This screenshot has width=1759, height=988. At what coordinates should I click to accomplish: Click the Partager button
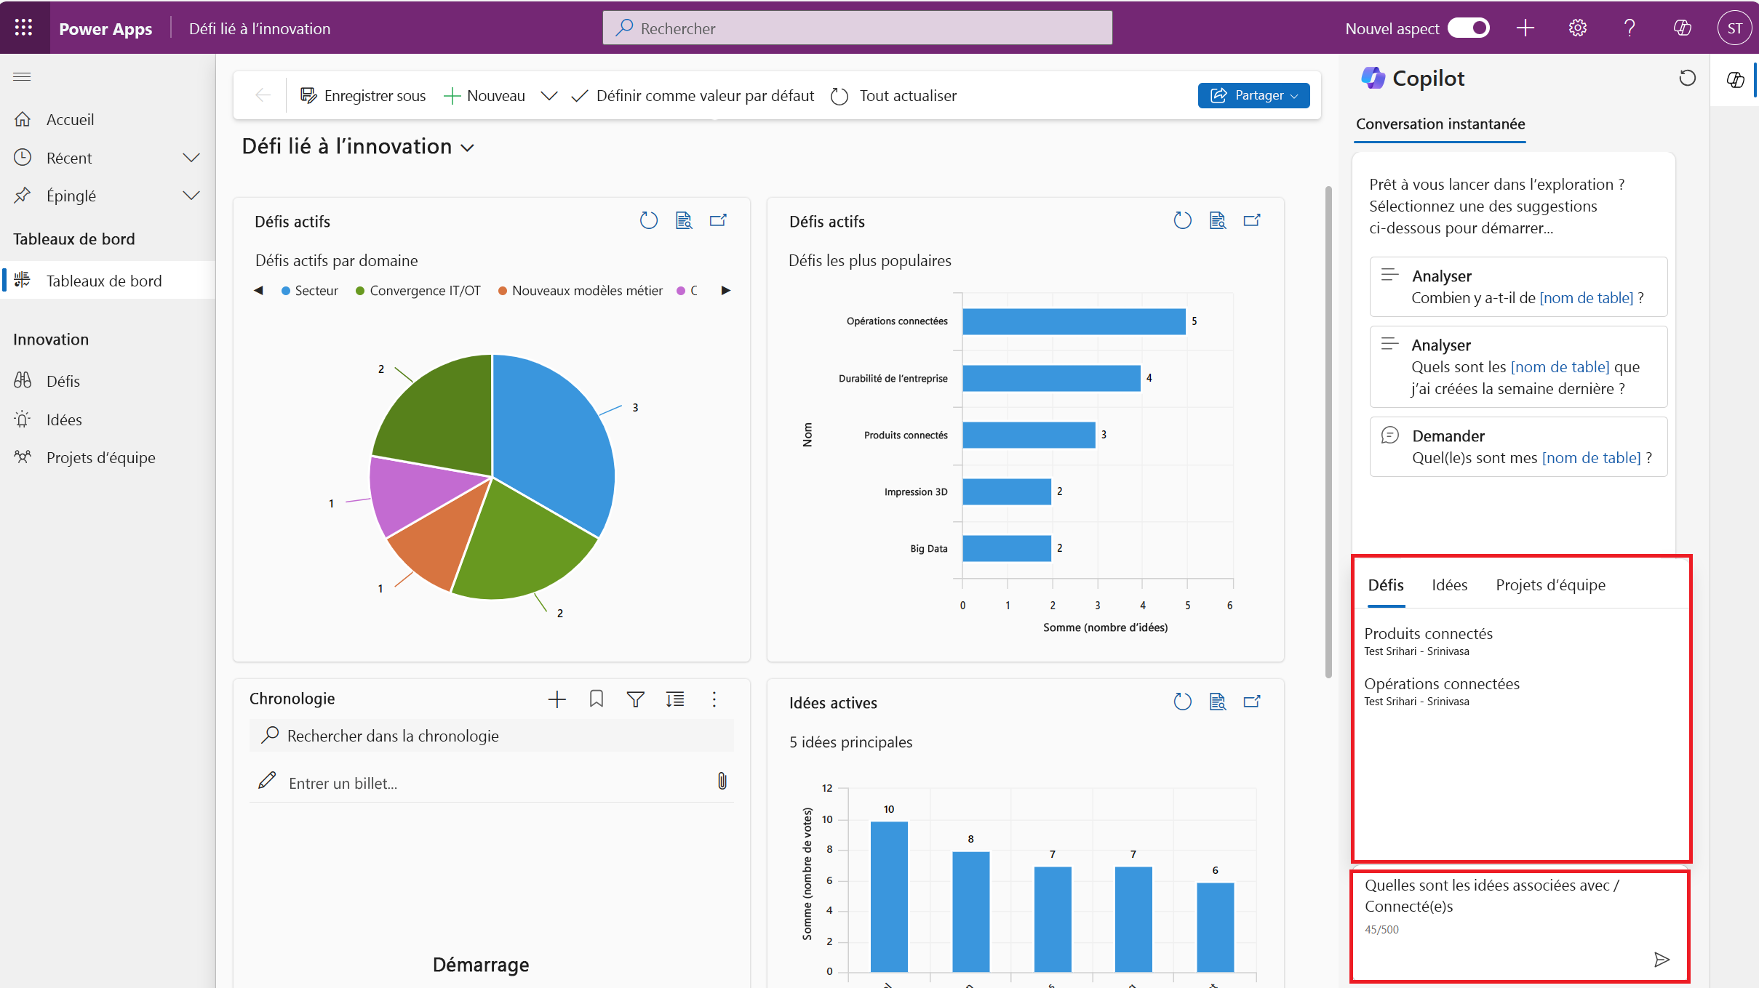[x=1253, y=95]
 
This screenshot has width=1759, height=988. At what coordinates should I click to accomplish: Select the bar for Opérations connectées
[x=1073, y=321]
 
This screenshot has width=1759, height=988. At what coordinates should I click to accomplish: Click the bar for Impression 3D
[x=1006, y=491]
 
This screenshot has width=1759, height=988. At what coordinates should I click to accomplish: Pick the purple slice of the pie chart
[x=407, y=494]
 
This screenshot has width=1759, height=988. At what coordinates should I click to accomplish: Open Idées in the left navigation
[x=64, y=419]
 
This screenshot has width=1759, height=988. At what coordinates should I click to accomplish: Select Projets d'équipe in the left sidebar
[x=100, y=457]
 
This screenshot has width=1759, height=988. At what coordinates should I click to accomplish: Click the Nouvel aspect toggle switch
[x=1469, y=28]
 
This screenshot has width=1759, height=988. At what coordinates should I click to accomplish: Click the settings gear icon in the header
[x=1577, y=28]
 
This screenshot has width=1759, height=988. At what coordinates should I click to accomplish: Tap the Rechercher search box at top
[x=857, y=28]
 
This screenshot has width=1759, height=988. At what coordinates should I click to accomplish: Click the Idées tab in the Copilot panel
[x=1449, y=585]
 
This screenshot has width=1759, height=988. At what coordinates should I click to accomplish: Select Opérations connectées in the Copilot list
[x=1441, y=684]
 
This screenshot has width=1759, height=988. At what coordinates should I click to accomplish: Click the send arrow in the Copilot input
[x=1661, y=960]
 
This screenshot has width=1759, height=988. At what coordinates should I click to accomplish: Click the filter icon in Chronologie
[x=635, y=699]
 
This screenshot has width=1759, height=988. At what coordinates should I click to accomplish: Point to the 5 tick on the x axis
[x=1187, y=605]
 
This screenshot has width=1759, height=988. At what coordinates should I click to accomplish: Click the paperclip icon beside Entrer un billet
[x=722, y=782]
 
